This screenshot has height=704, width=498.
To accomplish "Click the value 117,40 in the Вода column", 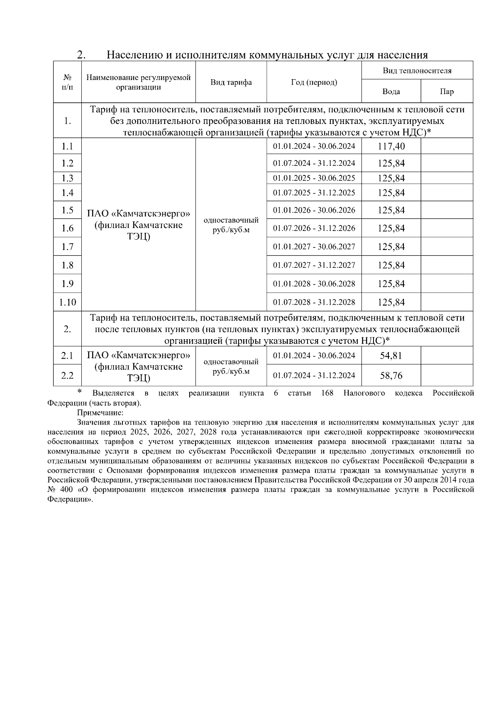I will (x=391, y=146).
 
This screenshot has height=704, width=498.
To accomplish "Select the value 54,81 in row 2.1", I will (x=391, y=356).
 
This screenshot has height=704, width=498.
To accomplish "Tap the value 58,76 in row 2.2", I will (x=391, y=376).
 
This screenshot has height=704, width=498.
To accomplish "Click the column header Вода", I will (x=391, y=92).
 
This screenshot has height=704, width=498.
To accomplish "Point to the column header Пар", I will (x=447, y=92).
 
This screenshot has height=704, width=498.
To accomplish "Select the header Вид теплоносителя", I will (x=417, y=70).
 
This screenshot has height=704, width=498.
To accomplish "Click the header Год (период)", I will (x=314, y=82).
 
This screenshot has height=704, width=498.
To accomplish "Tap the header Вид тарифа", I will (x=231, y=82).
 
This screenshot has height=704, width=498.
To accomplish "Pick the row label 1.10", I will (x=67, y=302).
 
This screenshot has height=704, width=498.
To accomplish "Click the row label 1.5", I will (x=67, y=210).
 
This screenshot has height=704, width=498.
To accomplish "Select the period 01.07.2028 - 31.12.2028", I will (x=314, y=302).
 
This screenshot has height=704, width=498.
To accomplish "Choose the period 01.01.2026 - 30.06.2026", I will (x=314, y=210).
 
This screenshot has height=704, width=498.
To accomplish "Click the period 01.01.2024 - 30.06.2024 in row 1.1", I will (x=314, y=146).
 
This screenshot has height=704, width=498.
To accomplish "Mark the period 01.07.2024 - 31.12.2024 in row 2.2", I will (x=314, y=376).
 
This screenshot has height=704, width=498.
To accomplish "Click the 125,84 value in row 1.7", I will (x=391, y=247).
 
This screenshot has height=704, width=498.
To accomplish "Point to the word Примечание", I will (x=100, y=413).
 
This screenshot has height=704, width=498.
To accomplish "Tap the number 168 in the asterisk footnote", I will (x=327, y=393).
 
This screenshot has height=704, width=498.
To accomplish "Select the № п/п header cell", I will (x=67, y=82).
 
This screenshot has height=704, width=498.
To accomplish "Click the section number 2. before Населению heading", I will (x=81, y=55).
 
